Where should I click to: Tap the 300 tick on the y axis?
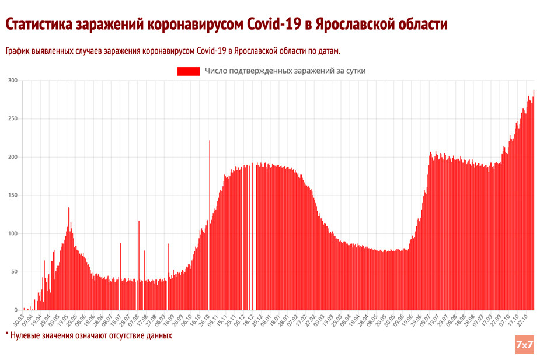pyautogui.click(x=13, y=81)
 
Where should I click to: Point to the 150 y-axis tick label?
pyautogui.click(x=13, y=195)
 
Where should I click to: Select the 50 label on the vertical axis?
pyautogui.click(x=15, y=272)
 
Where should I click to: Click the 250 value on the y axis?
pyautogui.click(x=13, y=119)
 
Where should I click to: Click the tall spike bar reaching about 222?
pyautogui.click(x=210, y=225)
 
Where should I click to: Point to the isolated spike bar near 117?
pyautogui.click(x=139, y=265)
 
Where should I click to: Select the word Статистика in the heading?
pyautogui.click(x=40, y=25)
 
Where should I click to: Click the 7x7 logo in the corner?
pyautogui.click(x=524, y=345)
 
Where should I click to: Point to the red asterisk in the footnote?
pyautogui.click(x=8, y=335)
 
